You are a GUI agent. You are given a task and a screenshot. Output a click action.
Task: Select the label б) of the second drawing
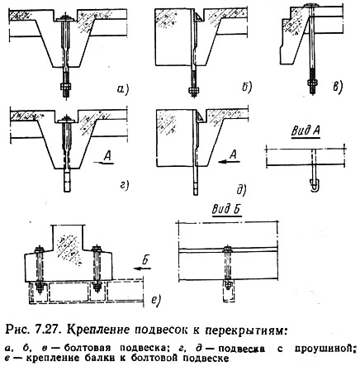pyautogui.click(x=246, y=88)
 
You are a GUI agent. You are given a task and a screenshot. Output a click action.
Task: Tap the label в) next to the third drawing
pyautogui.click(x=338, y=88)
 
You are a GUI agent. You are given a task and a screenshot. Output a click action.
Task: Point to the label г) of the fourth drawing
pyautogui.click(x=124, y=186)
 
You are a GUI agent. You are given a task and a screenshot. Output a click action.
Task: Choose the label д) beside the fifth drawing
pyautogui.click(x=241, y=190)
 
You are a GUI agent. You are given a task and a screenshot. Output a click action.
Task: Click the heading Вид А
pyautogui.click(x=306, y=131)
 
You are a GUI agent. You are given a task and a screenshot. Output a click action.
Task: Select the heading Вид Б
pyautogui.click(x=226, y=209)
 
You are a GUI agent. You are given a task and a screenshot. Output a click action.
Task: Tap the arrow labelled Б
pyautogui.click(x=142, y=268)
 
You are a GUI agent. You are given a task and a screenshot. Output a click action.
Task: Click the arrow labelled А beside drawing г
pyautogui.click(x=103, y=163)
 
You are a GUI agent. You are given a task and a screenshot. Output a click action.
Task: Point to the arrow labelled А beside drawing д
pyautogui.click(x=228, y=162)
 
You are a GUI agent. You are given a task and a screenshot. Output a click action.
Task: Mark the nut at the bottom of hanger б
pyautogui.click(x=194, y=91)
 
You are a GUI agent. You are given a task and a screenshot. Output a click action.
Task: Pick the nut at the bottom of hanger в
pyautogui.click(x=312, y=83)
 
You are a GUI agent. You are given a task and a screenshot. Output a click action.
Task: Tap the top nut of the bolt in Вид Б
pyautogui.click(x=227, y=250)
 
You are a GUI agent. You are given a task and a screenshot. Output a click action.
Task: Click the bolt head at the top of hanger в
pyautogui.click(x=311, y=5)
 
